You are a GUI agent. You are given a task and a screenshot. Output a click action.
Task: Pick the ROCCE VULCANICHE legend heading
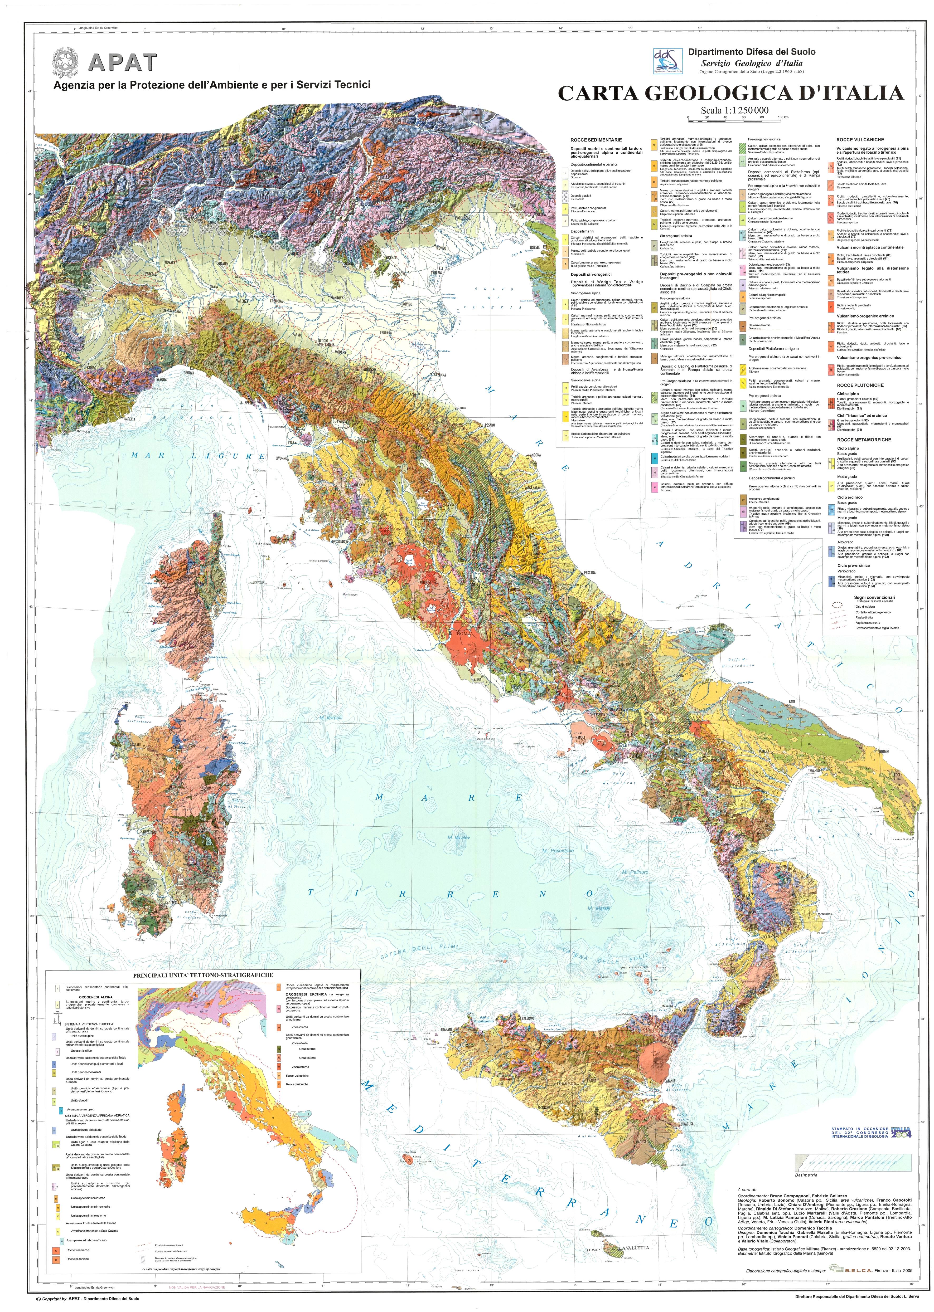point(860,140)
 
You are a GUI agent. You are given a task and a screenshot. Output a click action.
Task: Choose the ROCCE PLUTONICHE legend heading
point(860,385)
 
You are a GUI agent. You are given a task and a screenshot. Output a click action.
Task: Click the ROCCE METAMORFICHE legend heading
point(864,440)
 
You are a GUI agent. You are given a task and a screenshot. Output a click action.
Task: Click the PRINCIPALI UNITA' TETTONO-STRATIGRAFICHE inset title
point(203,976)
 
